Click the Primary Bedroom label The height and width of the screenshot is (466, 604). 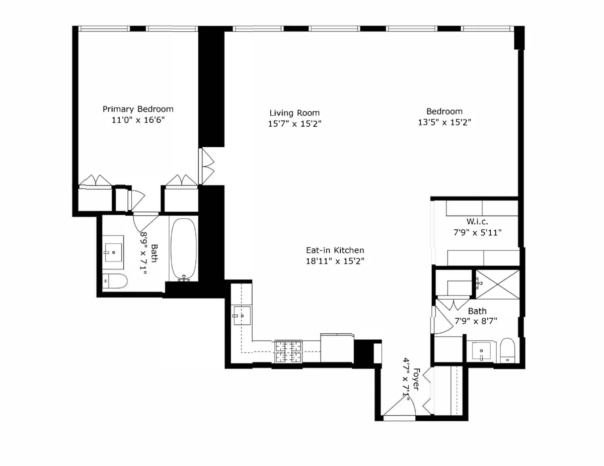click(138, 109)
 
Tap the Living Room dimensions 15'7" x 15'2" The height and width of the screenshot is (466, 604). click(294, 124)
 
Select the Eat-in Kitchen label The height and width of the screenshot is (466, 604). click(335, 250)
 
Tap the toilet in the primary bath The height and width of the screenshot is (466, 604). click(115, 281)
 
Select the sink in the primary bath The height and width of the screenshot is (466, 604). click(114, 249)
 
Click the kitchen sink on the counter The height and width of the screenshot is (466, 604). click(242, 315)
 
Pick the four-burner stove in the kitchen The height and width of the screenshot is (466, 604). click(288, 351)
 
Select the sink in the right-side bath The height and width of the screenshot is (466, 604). click(481, 351)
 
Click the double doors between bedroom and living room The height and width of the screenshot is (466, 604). click(206, 166)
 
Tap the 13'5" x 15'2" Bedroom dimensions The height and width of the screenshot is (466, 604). click(444, 122)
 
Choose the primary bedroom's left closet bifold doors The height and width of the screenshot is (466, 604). click(96, 180)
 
